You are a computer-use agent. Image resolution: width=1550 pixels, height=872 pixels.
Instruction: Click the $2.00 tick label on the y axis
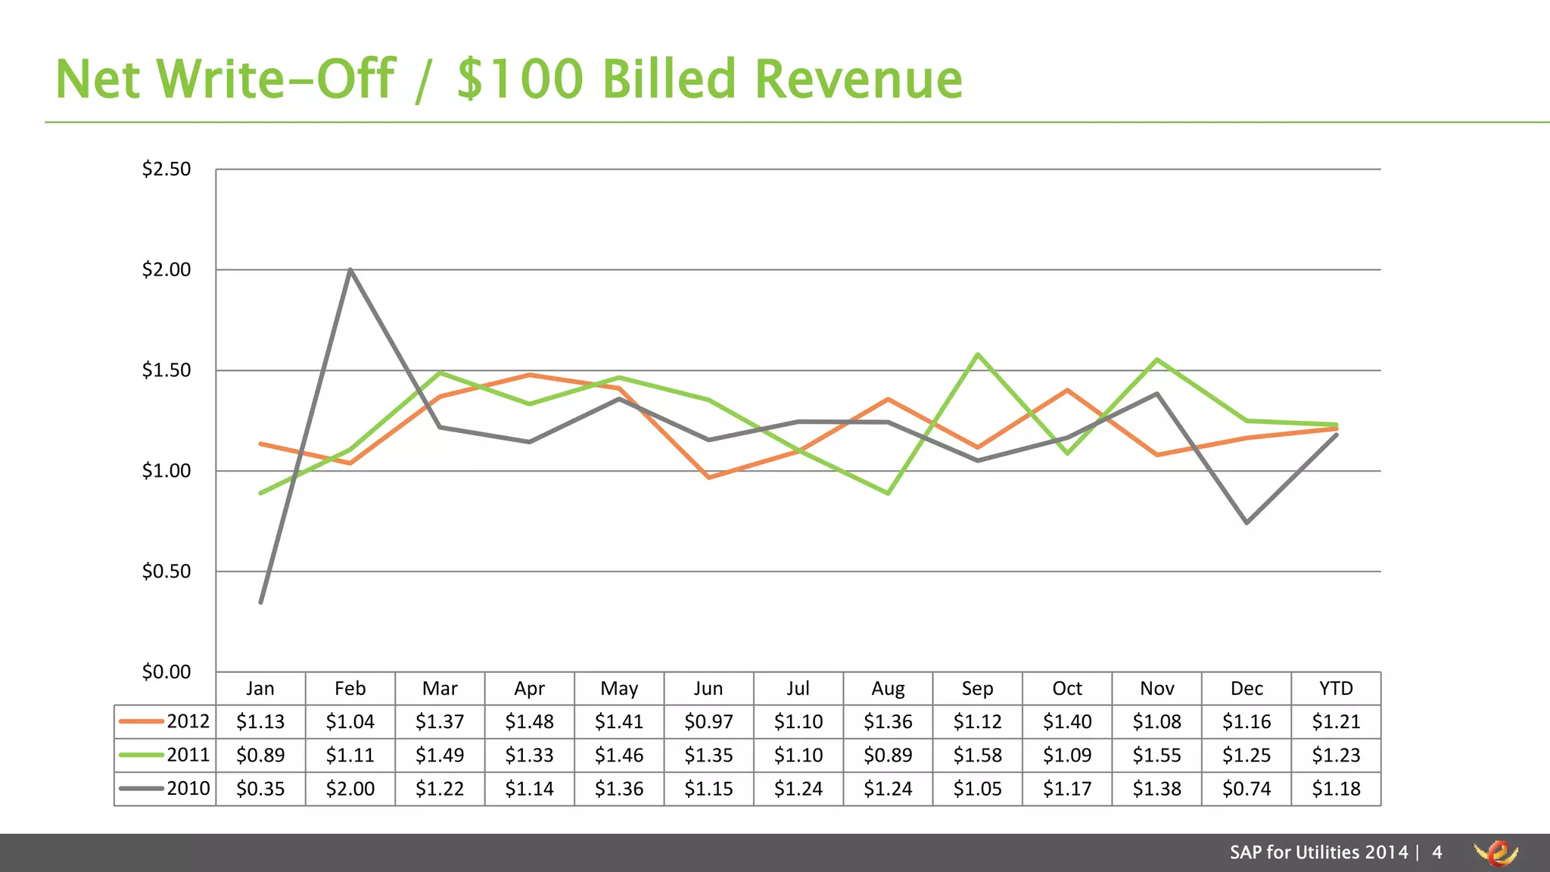click(167, 269)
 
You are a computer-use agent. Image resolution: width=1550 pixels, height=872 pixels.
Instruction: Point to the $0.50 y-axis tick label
click(167, 571)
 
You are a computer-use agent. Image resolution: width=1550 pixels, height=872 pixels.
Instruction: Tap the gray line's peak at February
click(350, 269)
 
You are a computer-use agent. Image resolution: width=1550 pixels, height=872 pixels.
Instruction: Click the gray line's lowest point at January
click(260, 602)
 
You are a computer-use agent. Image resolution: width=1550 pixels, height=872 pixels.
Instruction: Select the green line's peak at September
click(978, 354)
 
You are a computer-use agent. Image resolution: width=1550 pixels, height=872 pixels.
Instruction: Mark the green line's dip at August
click(888, 493)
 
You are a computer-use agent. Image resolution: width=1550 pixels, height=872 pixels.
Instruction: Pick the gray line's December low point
click(1247, 522)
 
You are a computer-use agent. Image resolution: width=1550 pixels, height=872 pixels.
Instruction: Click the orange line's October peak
click(1067, 390)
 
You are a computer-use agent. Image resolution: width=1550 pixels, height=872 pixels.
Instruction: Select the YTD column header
click(1336, 688)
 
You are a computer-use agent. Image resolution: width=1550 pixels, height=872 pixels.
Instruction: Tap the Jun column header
click(708, 688)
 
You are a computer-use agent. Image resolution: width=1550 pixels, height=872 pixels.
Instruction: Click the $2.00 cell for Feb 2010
click(350, 789)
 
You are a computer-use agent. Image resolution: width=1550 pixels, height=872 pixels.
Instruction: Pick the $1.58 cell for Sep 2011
click(977, 755)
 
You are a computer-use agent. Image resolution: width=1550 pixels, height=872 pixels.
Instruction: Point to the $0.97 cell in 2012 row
click(708, 721)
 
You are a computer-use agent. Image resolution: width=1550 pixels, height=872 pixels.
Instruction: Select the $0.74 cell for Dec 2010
click(1247, 789)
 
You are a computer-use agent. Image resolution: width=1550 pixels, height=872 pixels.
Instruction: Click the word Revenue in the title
click(858, 79)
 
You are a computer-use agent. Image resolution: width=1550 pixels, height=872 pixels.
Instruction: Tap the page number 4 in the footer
click(1437, 852)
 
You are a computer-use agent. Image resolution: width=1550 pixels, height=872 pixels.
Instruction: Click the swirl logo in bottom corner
click(1496, 853)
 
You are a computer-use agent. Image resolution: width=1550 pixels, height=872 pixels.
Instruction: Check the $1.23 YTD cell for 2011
click(1336, 755)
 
